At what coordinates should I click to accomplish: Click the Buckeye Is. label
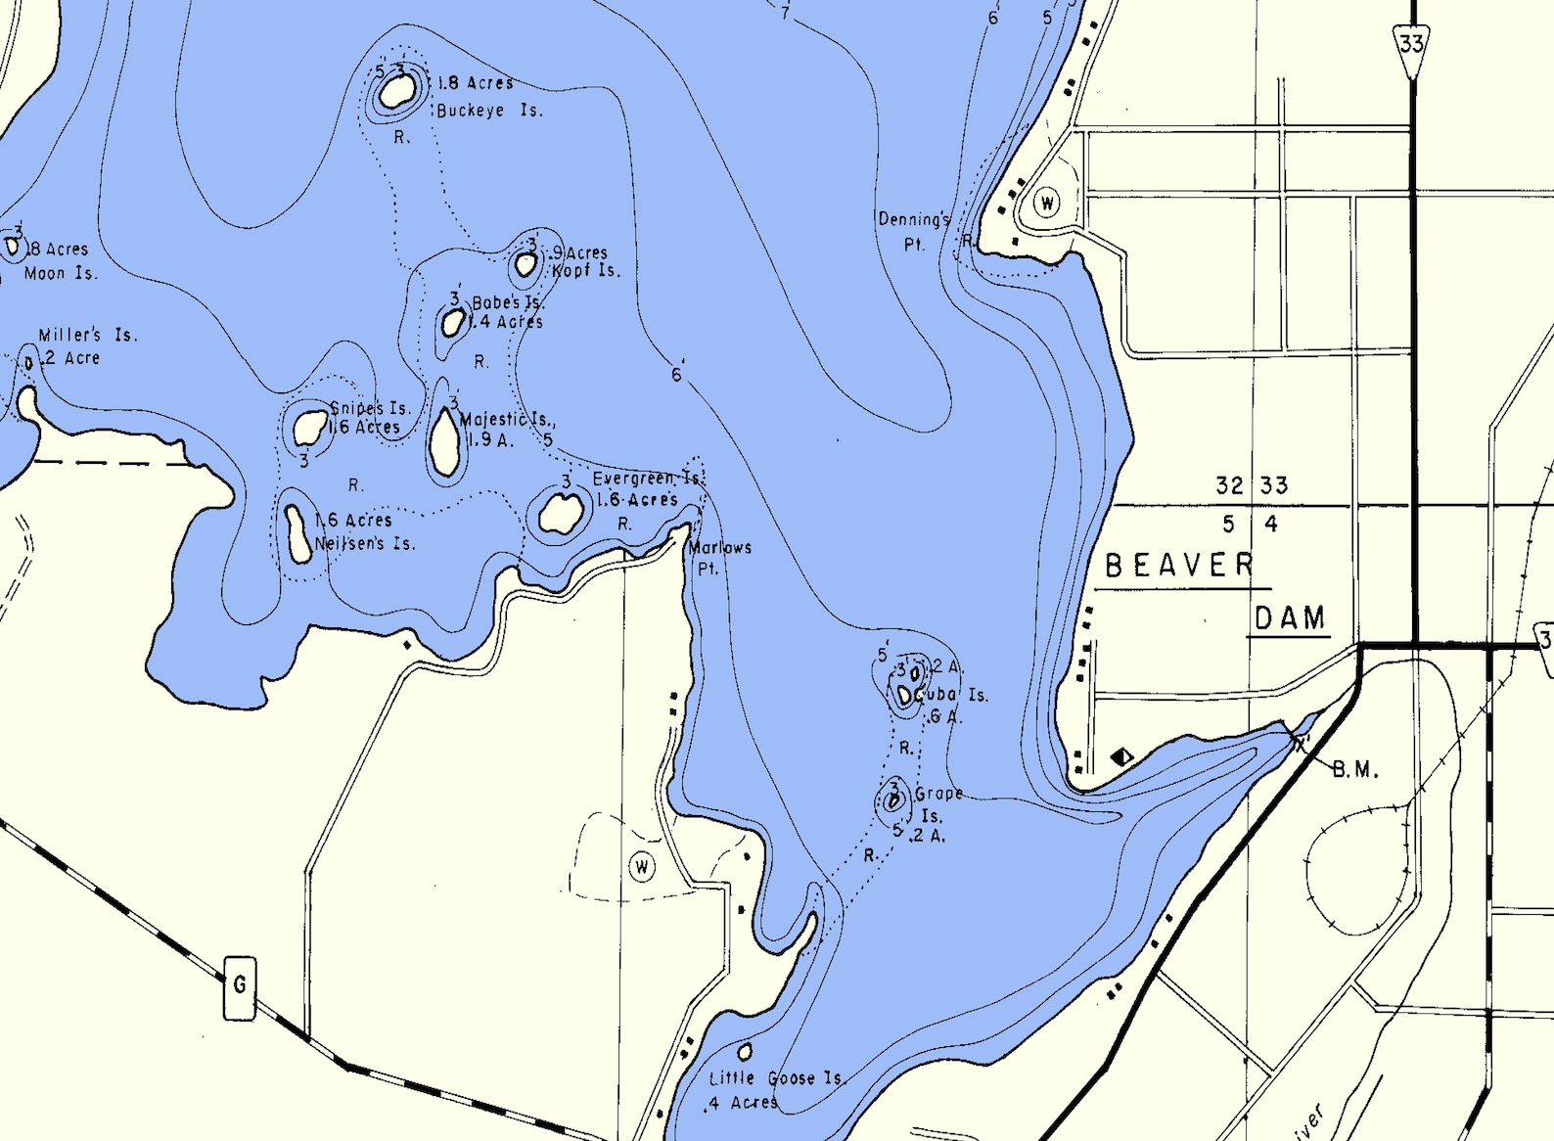click(488, 111)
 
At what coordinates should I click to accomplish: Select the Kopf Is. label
click(585, 270)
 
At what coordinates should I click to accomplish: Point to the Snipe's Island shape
click(310, 427)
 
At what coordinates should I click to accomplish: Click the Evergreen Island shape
click(561, 513)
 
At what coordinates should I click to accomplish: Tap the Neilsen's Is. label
click(364, 543)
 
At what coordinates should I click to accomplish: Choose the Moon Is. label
click(61, 273)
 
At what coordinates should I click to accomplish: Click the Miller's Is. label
click(87, 335)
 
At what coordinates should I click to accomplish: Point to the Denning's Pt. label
click(913, 231)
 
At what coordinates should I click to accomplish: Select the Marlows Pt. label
click(719, 557)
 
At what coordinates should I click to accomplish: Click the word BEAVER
click(1179, 566)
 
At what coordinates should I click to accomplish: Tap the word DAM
click(1290, 618)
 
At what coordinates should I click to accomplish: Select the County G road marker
click(240, 986)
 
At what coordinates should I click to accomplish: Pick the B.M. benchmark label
click(1355, 770)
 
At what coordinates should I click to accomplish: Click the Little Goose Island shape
click(745, 1052)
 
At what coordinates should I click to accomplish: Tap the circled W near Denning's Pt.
click(1047, 204)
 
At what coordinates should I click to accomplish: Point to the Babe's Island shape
click(453, 322)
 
